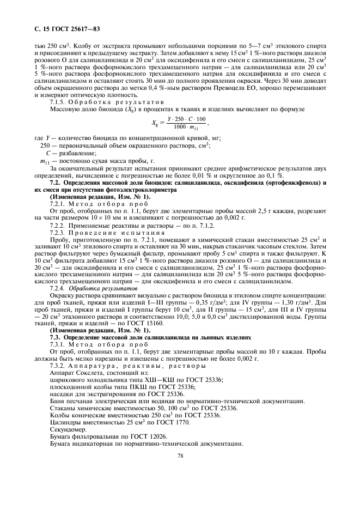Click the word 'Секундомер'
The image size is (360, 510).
point(67,429)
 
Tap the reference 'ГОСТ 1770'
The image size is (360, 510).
point(157,421)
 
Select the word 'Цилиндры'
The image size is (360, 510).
point(64,421)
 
